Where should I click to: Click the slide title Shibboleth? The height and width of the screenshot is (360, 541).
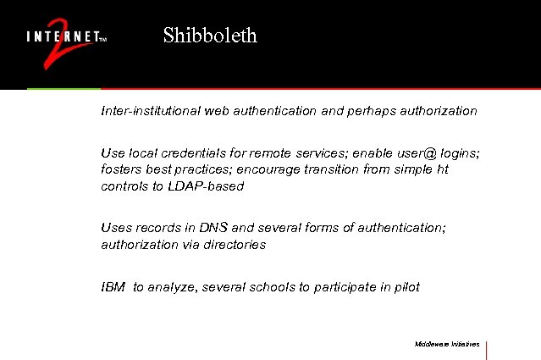pyautogui.click(x=209, y=36)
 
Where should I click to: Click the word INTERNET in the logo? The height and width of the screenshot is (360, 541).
pyautogui.click(x=63, y=37)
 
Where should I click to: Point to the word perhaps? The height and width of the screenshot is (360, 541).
pyautogui.click(x=369, y=111)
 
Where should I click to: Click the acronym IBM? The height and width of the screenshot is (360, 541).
pyautogui.click(x=113, y=287)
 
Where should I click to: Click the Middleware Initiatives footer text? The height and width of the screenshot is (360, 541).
pyautogui.click(x=447, y=344)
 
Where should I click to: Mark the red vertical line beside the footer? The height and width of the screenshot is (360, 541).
pyautogui.click(x=487, y=349)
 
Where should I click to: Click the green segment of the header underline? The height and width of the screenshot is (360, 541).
pyautogui.click(x=63, y=88)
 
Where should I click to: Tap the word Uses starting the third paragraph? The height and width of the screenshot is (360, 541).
pyautogui.click(x=115, y=228)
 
